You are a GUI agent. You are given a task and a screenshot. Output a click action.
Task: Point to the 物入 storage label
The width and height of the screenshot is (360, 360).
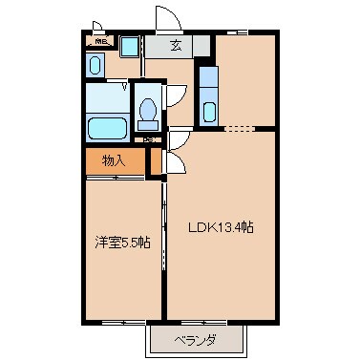coord(113,160)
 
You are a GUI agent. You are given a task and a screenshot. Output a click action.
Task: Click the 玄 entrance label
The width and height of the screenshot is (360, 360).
coord(177,44)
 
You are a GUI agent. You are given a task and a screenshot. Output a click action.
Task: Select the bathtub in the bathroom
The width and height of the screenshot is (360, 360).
coord(106,128)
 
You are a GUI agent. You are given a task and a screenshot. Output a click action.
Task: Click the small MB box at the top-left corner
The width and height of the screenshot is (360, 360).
coord(99,41)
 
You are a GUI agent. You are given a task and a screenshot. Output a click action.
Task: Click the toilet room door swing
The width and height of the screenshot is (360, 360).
coord(175,96)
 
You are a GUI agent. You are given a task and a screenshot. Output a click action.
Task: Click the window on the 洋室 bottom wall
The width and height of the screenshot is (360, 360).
coord(121,320)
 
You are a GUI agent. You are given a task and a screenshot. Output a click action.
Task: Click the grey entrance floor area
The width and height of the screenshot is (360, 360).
coord(178,45)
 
